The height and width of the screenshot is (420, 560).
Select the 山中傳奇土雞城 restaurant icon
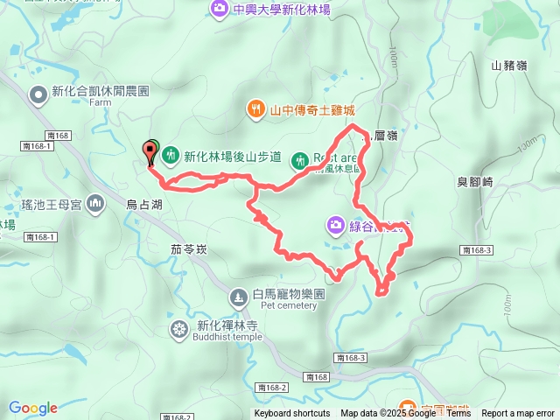point(255,109)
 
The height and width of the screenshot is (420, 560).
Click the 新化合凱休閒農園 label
point(101,91)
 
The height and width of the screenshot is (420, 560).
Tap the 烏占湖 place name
point(143,204)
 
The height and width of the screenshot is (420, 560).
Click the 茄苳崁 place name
point(189,249)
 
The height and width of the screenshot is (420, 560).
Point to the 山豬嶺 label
point(508,65)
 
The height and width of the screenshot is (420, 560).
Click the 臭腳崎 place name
point(476,182)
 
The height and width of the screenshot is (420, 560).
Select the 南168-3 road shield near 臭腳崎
point(476,250)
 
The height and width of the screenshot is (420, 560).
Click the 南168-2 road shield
point(272,387)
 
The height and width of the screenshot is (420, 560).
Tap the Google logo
point(33,408)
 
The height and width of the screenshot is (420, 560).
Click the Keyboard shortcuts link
point(292,414)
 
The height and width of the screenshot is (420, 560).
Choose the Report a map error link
point(518,414)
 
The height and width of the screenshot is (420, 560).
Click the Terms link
point(458,414)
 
